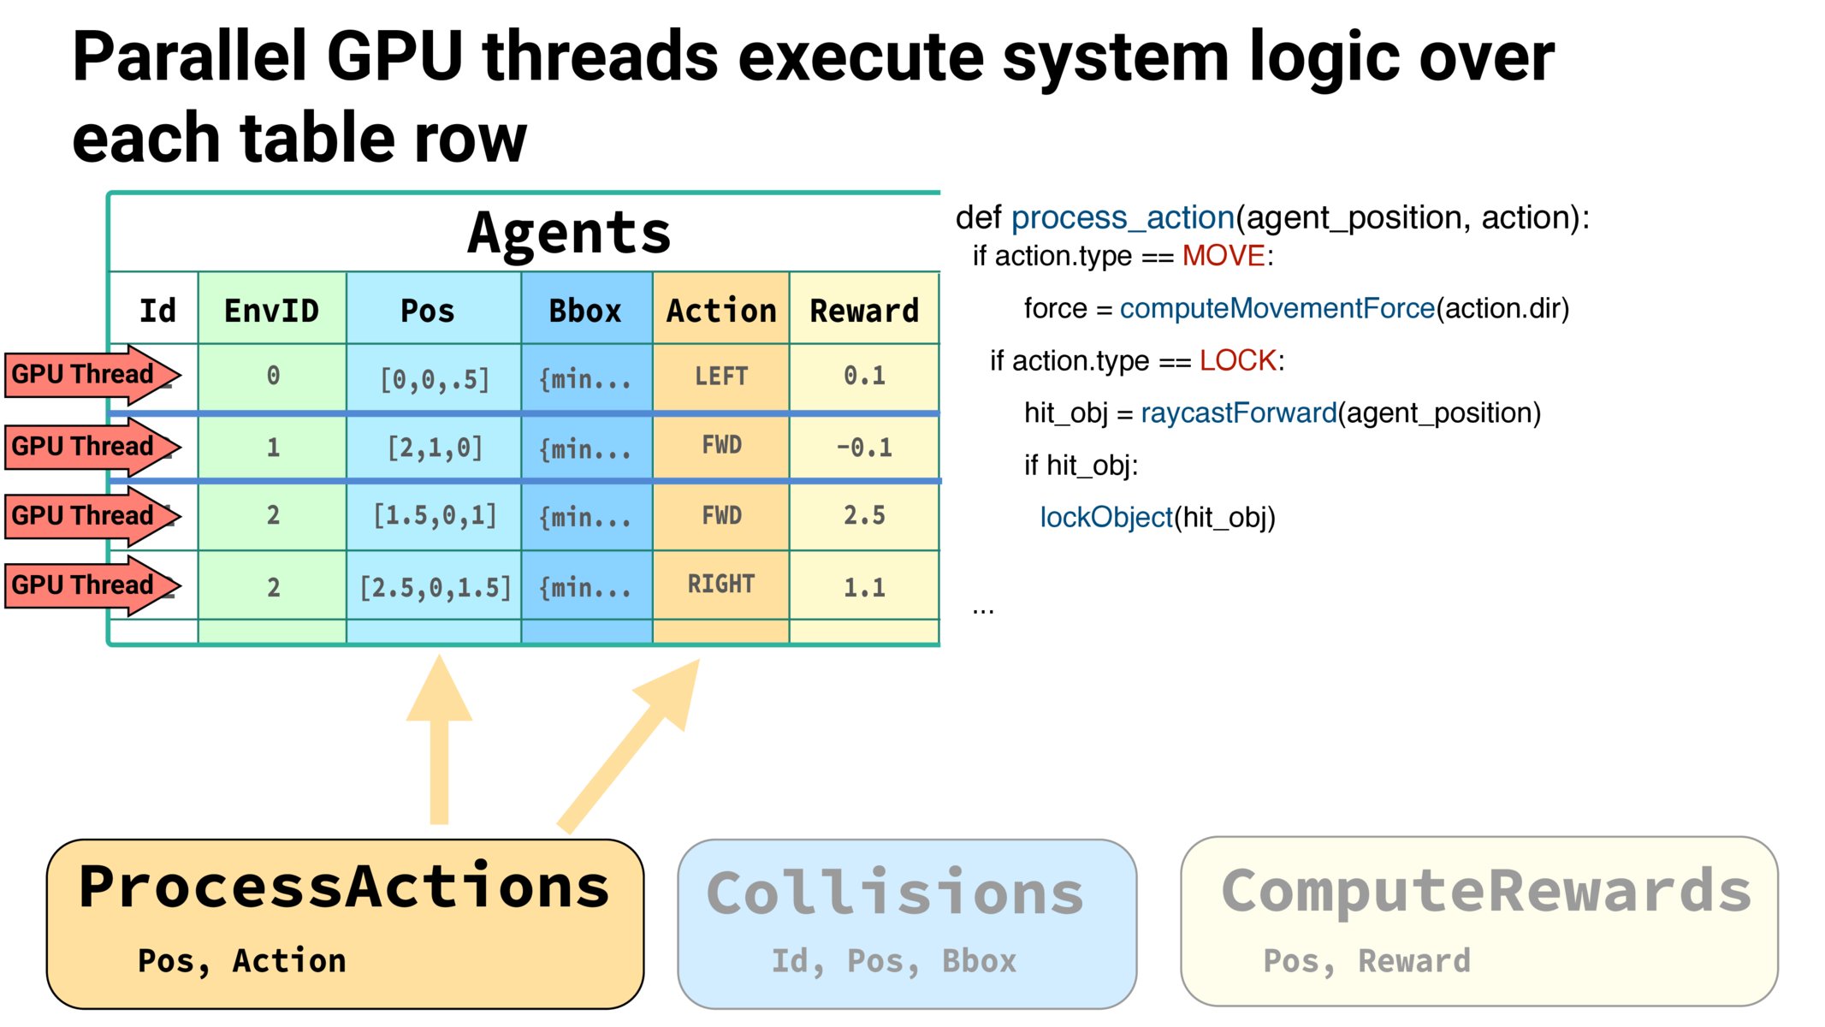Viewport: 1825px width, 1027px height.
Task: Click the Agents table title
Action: coord(569,233)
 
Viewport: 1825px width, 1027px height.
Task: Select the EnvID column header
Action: coord(272,311)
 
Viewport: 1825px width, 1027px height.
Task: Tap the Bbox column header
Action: coord(585,311)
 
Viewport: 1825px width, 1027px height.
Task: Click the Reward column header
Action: coord(864,311)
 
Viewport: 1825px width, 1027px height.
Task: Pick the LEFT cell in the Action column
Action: coord(721,376)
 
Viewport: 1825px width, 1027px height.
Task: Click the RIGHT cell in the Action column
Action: coord(721,584)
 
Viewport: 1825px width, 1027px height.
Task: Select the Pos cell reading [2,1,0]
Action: coord(435,448)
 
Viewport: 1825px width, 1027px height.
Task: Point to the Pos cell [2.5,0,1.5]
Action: coord(435,587)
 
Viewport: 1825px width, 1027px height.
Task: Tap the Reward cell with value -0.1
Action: coord(864,447)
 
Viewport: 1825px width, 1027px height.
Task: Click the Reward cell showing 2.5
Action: coord(864,515)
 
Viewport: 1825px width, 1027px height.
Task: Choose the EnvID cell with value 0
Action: coord(273,376)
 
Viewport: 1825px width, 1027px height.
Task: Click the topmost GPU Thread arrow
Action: coord(92,375)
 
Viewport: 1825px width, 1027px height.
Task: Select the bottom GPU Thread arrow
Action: coord(92,585)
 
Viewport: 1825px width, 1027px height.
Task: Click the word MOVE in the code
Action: coord(1224,256)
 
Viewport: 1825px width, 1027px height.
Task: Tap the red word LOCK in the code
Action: coord(1237,360)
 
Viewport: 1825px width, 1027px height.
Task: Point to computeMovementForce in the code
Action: coord(1277,309)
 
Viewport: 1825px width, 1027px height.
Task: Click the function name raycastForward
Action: coord(1239,413)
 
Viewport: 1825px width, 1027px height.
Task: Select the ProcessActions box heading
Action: coord(344,887)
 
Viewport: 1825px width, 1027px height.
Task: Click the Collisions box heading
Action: coord(895,893)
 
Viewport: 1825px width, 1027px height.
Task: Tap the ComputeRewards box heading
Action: coord(1486,892)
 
